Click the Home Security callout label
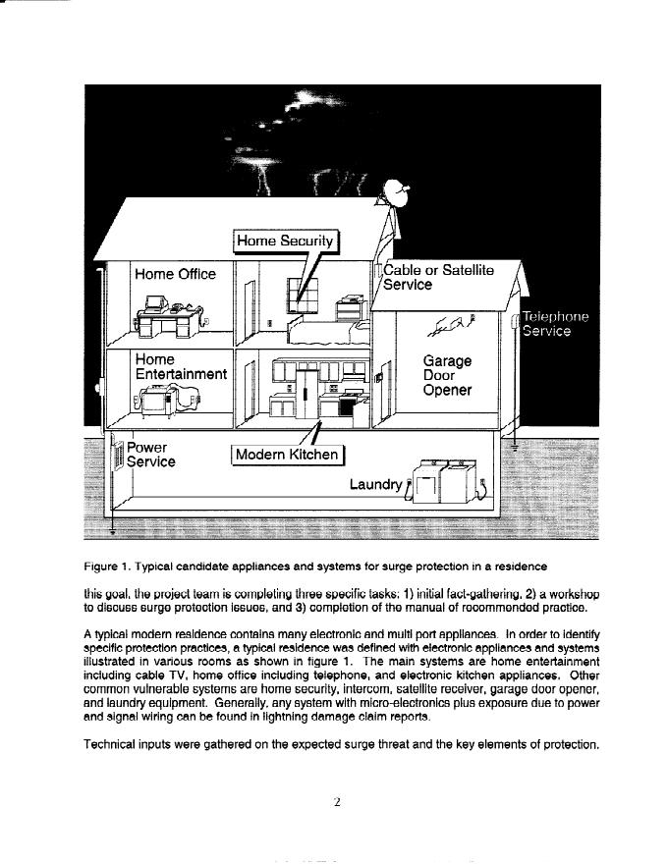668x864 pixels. pos(285,241)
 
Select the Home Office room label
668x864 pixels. pos(175,274)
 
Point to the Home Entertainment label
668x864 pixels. pos(181,366)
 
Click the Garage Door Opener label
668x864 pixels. pos(447,375)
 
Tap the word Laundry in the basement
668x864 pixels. pos(375,484)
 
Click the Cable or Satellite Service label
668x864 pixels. pos(438,277)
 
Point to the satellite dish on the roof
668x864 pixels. pos(398,193)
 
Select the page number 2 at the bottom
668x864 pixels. pos(336,802)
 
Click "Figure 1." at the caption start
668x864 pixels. pos(107,567)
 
